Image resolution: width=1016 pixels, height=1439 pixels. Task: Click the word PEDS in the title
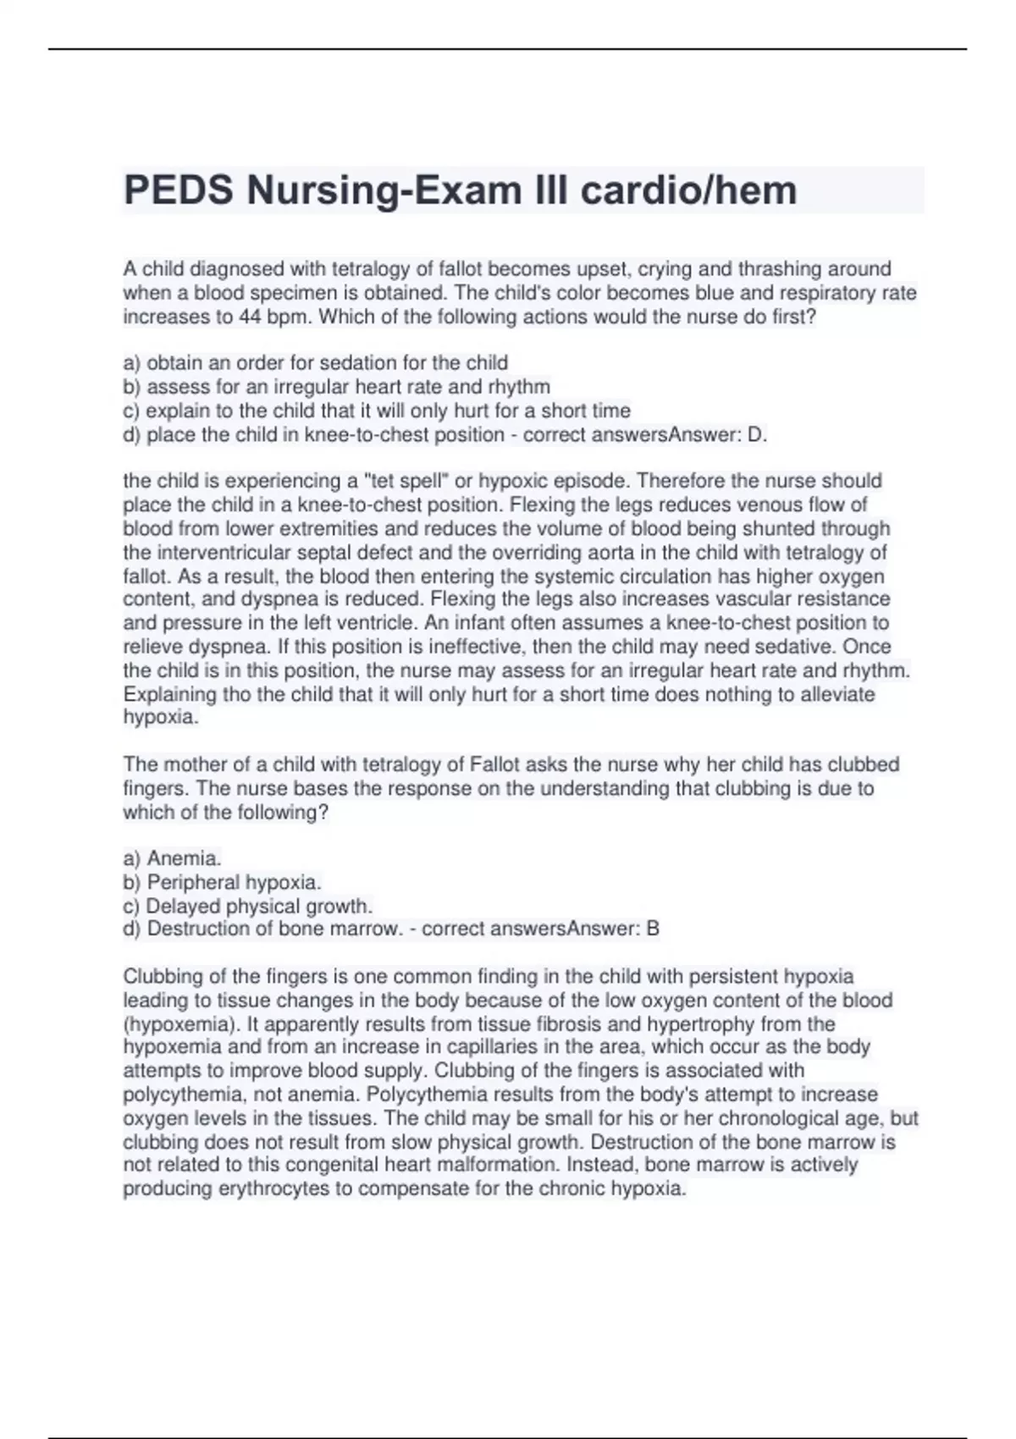pos(178,190)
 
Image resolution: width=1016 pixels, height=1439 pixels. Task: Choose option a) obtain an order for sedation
pos(315,363)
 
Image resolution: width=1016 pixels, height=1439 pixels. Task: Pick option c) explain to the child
pos(376,411)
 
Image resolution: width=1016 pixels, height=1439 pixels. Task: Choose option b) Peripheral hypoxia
pos(222,882)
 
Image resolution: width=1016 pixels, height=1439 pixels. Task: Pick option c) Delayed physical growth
pos(247,906)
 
